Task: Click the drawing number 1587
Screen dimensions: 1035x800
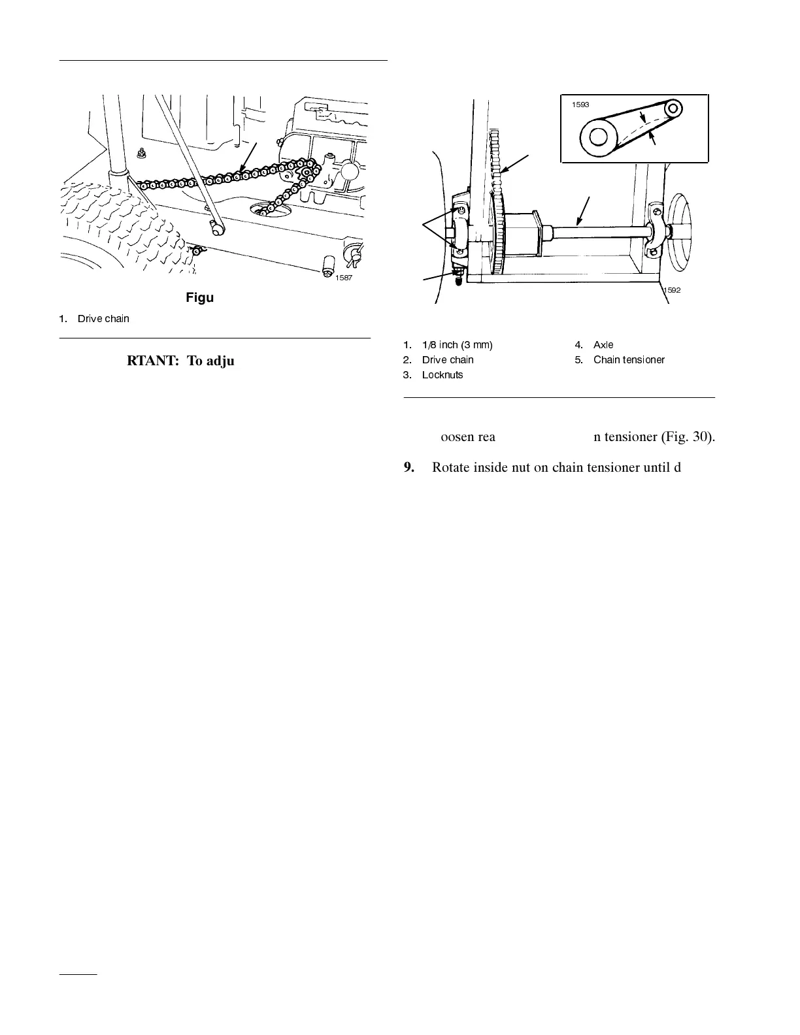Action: (344, 278)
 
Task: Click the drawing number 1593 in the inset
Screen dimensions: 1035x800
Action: (581, 105)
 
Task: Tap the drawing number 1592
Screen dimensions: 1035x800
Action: (671, 290)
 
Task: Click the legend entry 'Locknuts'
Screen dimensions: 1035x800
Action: (442, 375)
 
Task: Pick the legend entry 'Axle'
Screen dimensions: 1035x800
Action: (603, 345)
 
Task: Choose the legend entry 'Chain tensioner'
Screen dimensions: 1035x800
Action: (629, 360)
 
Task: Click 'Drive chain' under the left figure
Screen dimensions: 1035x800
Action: (103, 319)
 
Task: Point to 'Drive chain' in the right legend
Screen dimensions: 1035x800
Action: (448, 360)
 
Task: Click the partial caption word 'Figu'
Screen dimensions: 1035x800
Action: (199, 298)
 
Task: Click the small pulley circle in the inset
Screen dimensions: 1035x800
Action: (673, 107)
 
